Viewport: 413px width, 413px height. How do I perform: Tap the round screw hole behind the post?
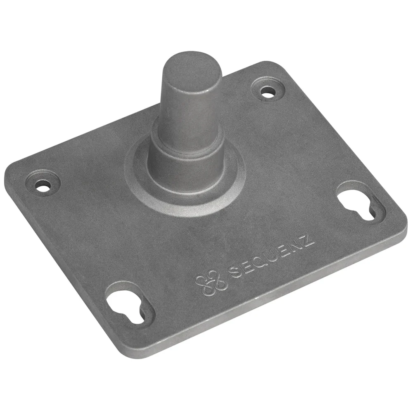pos(268,92)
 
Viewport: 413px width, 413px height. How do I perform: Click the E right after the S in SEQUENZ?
pos(247,267)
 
